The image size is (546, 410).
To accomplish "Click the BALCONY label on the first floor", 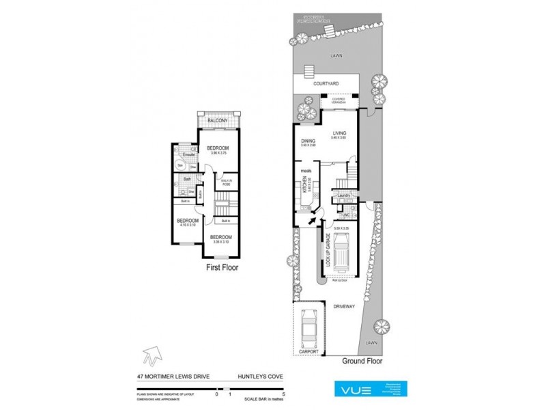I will pyautogui.click(x=218, y=120).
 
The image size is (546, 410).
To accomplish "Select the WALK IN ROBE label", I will pyautogui.click(x=225, y=182).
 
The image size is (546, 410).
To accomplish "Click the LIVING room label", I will pyautogui.click(x=339, y=135).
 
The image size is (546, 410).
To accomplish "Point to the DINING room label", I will pyautogui.click(x=308, y=142).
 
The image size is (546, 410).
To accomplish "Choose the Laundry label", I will pyautogui.click(x=344, y=196).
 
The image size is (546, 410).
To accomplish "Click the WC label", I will pyautogui.click(x=347, y=215).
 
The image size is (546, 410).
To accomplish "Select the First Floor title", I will pyautogui.click(x=222, y=269).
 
